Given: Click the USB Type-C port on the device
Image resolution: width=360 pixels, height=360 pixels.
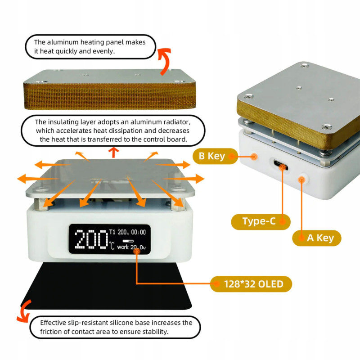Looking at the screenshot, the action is click(280, 165).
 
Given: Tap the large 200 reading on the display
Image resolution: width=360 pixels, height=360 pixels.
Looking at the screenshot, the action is click(91, 239).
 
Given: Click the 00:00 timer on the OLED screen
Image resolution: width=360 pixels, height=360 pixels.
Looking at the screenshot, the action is click(139, 232).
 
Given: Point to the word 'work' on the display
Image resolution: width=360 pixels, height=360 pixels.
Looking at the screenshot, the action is click(123, 247).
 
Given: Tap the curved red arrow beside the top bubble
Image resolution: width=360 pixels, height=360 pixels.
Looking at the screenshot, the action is click(165, 61).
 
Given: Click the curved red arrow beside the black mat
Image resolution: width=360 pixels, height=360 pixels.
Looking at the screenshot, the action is click(24, 311).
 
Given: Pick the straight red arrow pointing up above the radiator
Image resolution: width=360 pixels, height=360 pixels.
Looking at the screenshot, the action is click(113, 153).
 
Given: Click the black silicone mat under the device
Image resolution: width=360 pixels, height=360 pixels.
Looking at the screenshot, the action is click(106, 286).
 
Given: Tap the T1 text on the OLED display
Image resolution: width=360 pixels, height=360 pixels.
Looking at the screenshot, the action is click(112, 232).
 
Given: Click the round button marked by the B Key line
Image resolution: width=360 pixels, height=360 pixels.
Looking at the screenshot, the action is click(254, 157).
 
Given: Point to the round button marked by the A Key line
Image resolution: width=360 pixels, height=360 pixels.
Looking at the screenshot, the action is click(302, 179).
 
